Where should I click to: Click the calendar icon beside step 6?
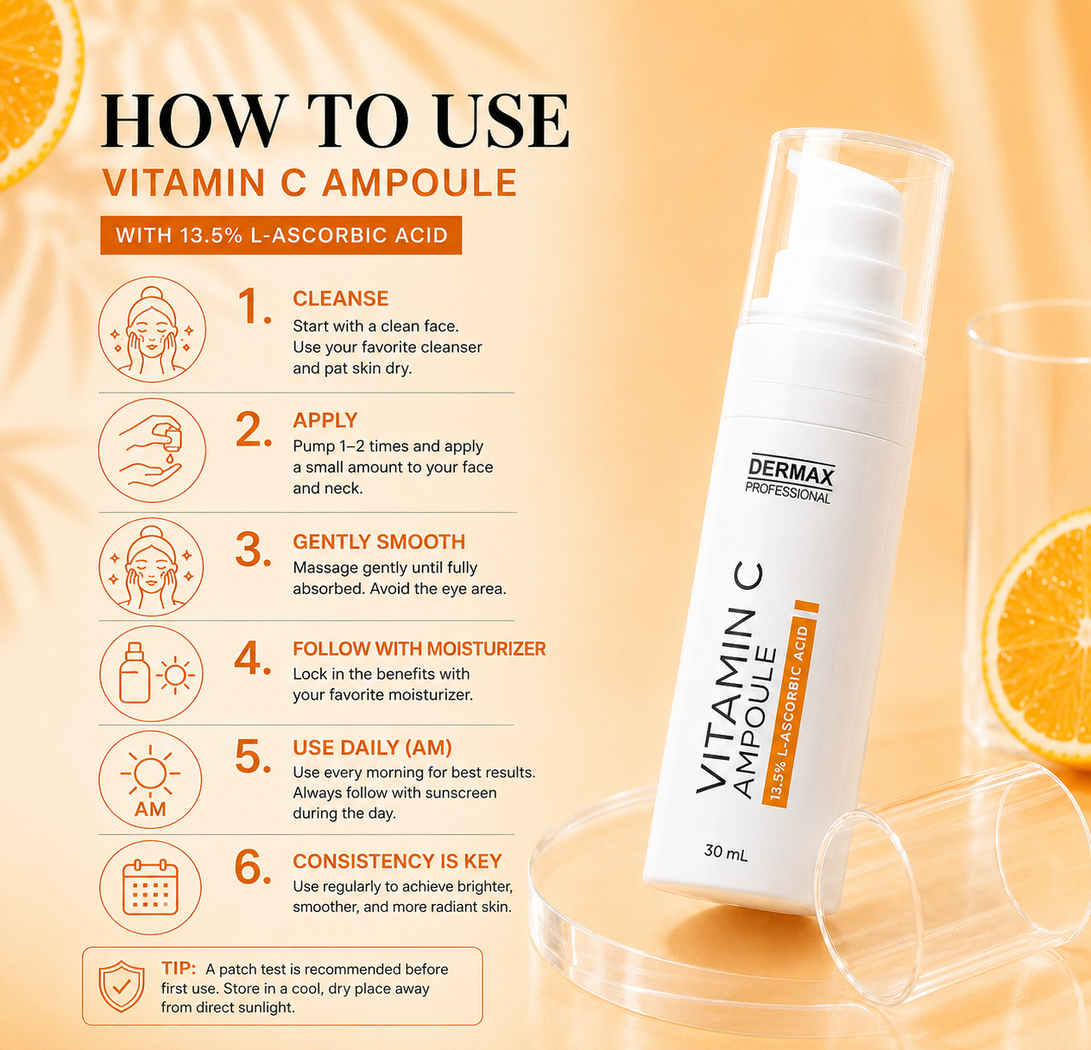(x=149, y=887)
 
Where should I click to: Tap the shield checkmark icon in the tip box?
(x=122, y=986)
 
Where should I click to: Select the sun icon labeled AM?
(x=150, y=780)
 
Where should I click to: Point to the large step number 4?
(x=253, y=657)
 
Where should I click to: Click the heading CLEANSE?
(x=341, y=298)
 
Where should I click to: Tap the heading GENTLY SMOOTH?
(x=379, y=541)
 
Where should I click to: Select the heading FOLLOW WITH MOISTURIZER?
(x=419, y=649)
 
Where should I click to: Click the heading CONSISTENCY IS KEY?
(x=398, y=861)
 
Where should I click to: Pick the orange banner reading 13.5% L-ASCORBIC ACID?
(x=281, y=235)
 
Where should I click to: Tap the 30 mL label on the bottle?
(x=726, y=853)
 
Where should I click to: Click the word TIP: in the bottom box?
(x=178, y=968)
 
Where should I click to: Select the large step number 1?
(x=254, y=306)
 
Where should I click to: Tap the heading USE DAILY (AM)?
(x=372, y=747)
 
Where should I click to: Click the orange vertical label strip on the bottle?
(x=790, y=704)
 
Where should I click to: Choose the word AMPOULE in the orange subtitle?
(x=419, y=183)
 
